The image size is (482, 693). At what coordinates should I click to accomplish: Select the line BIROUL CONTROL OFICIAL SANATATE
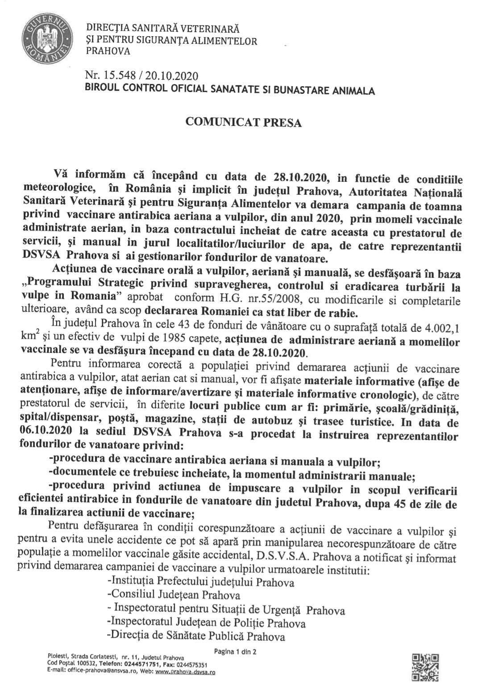pos(230,90)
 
